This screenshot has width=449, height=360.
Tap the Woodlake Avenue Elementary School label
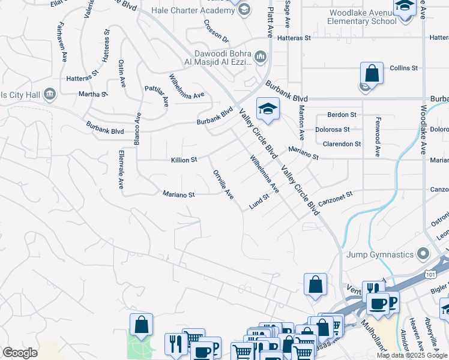362,17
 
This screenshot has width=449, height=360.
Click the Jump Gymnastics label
381,254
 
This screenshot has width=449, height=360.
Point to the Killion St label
184,160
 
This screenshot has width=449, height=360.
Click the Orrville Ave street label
223,185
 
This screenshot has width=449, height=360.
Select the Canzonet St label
335,199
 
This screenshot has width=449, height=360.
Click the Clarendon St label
342,144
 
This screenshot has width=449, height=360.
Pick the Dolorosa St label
332,129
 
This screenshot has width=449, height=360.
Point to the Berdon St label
342,114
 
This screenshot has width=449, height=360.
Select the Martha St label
93,94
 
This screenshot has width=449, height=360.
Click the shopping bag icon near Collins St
372,74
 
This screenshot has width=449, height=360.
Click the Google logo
20,353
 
